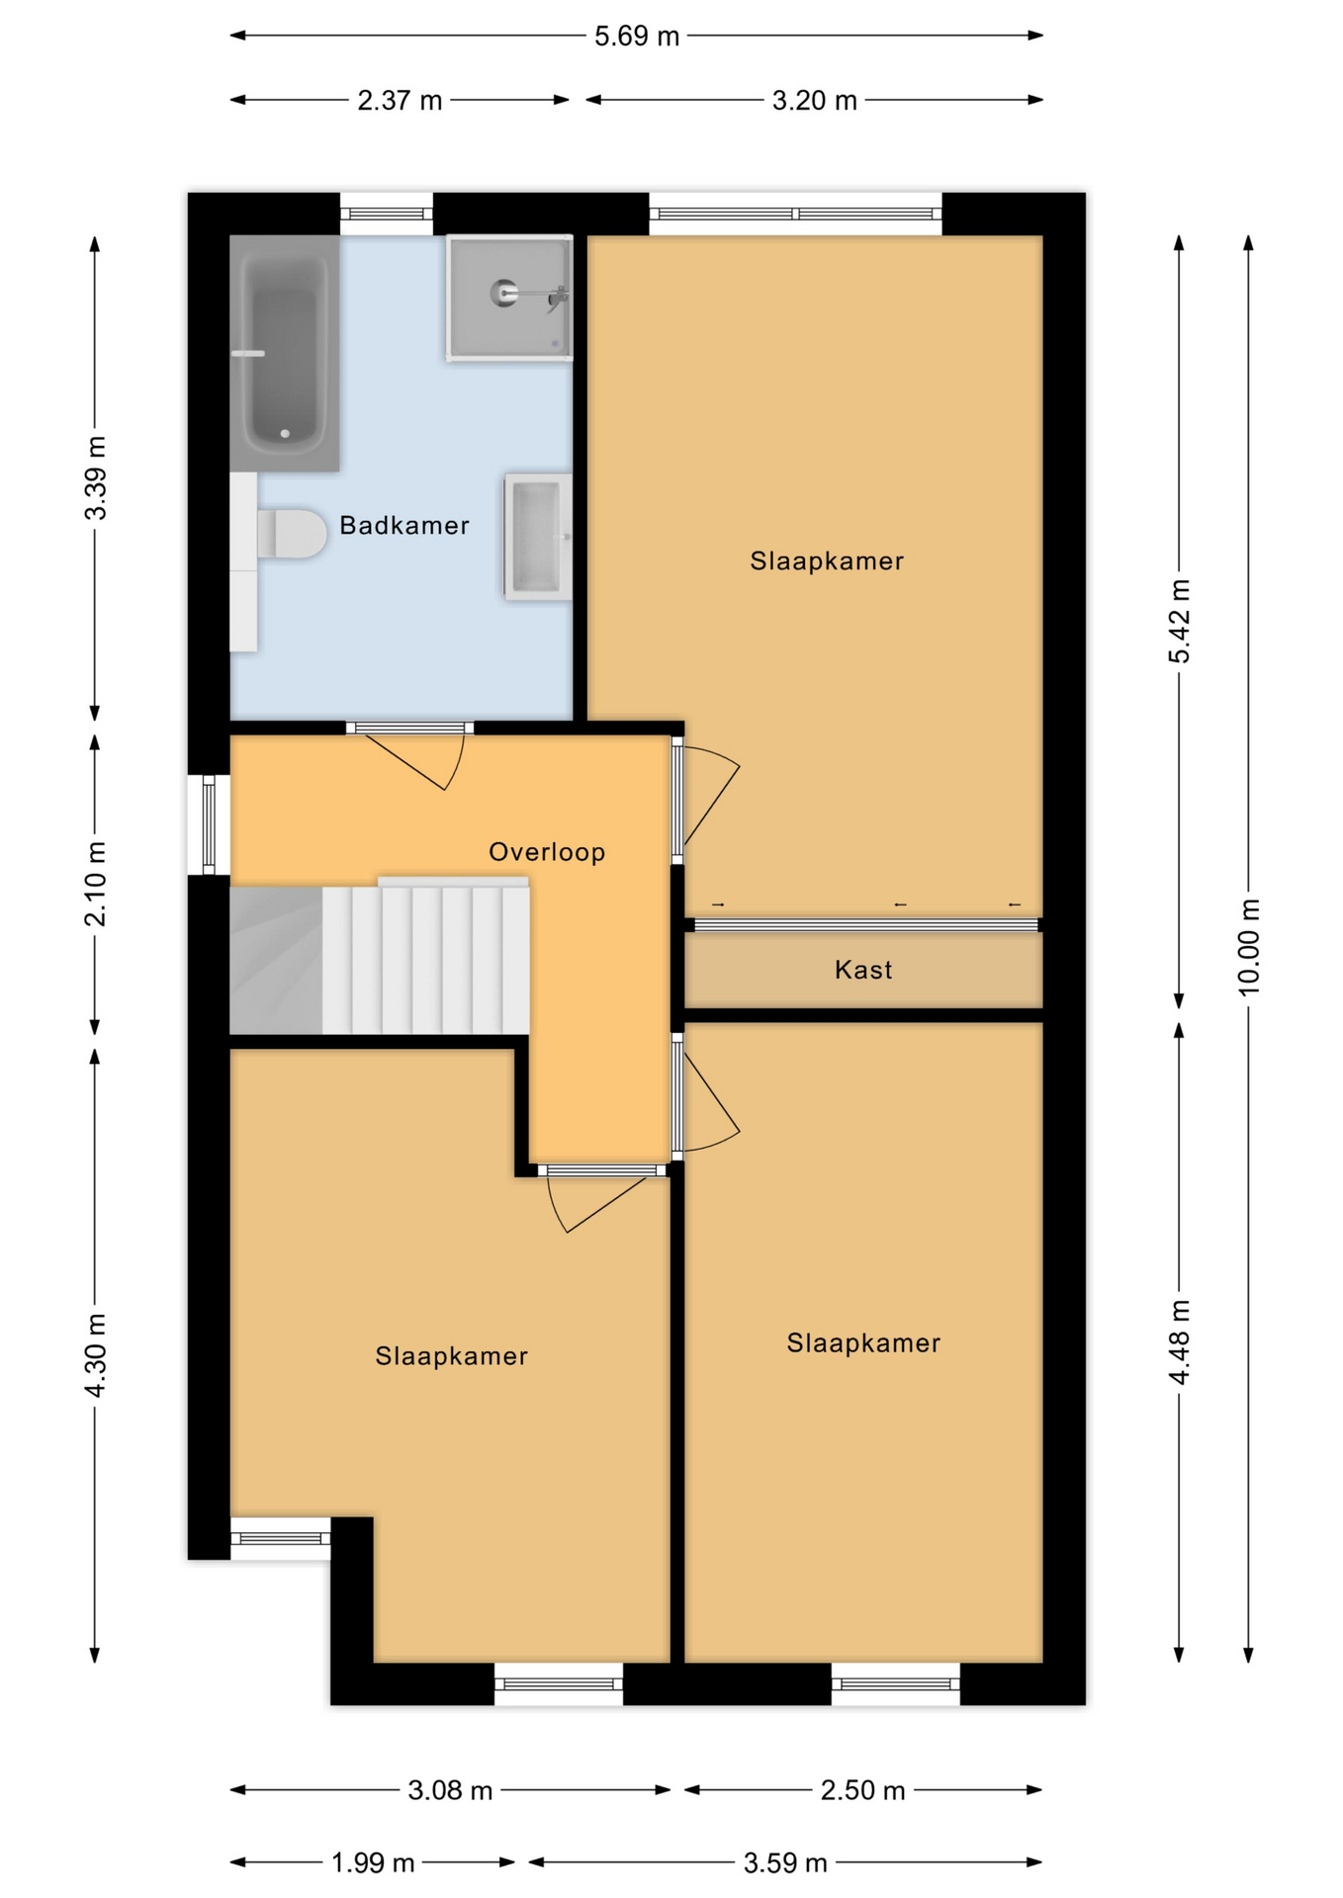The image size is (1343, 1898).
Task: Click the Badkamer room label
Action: pyautogui.click(x=403, y=525)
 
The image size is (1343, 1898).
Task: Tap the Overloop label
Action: pyautogui.click(x=547, y=851)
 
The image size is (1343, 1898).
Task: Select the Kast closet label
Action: pyautogui.click(x=863, y=970)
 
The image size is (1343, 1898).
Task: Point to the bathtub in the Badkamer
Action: pyautogui.click(x=285, y=353)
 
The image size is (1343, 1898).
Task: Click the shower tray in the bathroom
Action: pyautogui.click(x=509, y=298)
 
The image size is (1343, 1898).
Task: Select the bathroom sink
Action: pyautogui.click(x=538, y=537)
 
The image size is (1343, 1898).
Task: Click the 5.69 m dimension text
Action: pyautogui.click(x=637, y=37)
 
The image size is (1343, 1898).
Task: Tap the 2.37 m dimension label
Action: pyautogui.click(x=400, y=100)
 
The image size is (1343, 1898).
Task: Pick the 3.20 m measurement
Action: pyautogui.click(x=814, y=100)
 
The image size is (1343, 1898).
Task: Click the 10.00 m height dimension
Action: pyautogui.click(x=1248, y=947)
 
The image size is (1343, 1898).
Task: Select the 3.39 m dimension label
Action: pyautogui.click(x=95, y=477)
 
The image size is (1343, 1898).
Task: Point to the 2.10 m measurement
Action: pyautogui.click(x=95, y=884)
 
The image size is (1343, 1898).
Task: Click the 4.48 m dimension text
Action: pyautogui.click(x=1179, y=1342)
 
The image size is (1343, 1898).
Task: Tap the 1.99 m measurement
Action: pyautogui.click(x=373, y=1862)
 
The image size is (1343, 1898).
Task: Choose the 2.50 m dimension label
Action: pyautogui.click(x=862, y=1790)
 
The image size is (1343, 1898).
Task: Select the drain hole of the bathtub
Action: pyautogui.click(x=285, y=433)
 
